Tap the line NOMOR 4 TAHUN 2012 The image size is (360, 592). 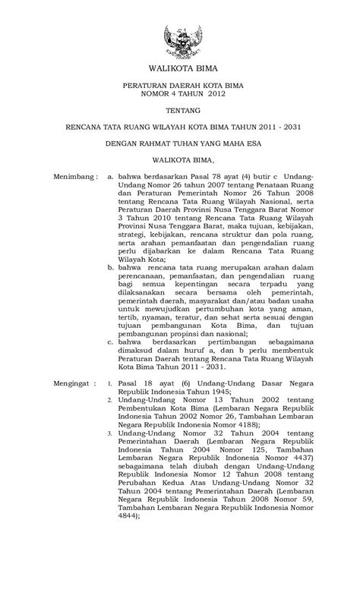[180, 95]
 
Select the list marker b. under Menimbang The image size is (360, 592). [112, 266]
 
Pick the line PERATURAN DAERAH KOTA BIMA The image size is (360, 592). [180, 86]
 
